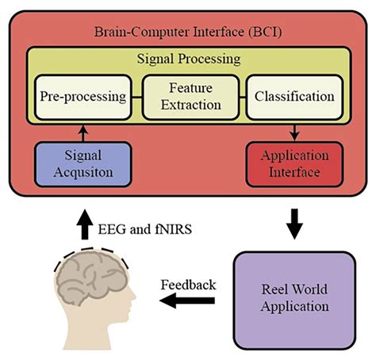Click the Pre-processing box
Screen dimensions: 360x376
[82, 97]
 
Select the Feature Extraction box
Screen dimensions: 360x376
[190, 97]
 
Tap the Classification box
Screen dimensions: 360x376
[294, 97]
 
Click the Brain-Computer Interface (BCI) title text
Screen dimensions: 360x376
[189, 33]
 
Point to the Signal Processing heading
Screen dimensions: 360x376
[189, 59]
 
